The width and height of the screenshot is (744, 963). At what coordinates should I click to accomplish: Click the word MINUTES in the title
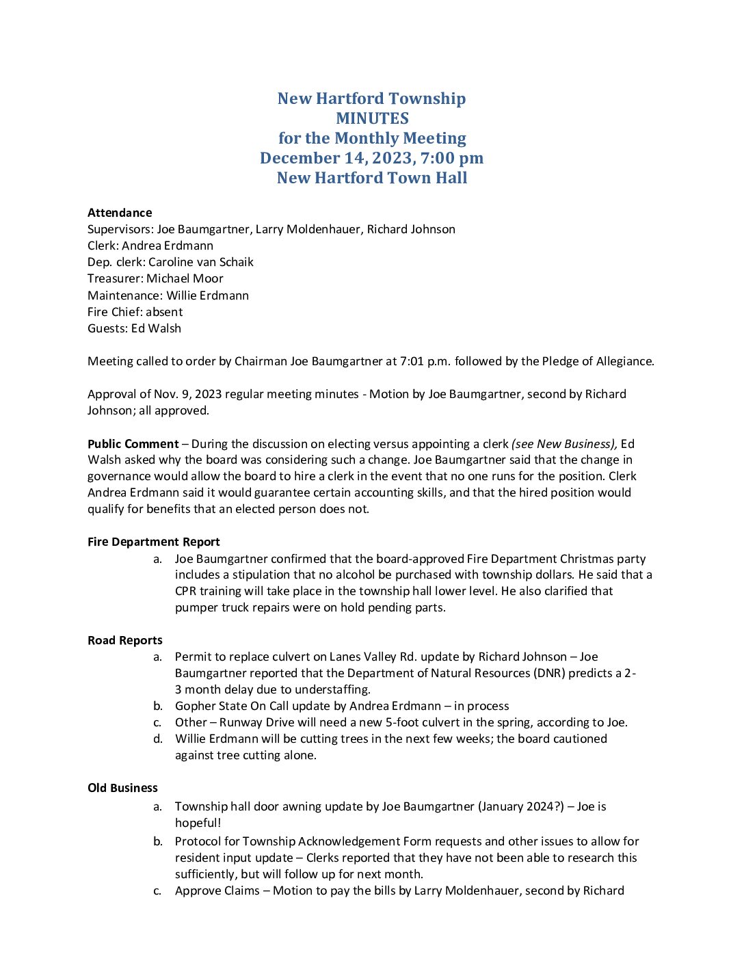pos(372,118)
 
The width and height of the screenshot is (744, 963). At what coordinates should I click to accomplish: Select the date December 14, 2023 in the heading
pos(336,158)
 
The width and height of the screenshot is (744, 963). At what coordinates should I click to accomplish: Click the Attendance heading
pos(120,213)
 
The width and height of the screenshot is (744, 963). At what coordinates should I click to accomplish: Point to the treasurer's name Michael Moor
pos(185,278)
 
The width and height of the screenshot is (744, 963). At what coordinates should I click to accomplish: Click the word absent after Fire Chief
pos(164,312)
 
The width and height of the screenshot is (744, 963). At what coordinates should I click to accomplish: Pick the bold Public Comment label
pos(133,444)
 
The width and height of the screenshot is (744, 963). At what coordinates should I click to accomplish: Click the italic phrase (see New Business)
pos(564,444)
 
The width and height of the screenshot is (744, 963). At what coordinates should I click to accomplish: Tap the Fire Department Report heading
pos(154,542)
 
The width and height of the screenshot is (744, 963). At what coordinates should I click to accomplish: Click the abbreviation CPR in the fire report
pos(186,591)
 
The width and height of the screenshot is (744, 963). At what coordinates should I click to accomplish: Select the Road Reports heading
pos(125,640)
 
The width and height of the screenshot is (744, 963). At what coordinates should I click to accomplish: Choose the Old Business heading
pos(122,788)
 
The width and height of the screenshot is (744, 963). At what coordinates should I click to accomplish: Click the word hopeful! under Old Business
pos(198,823)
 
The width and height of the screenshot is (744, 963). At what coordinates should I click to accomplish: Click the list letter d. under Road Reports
pos(158,739)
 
